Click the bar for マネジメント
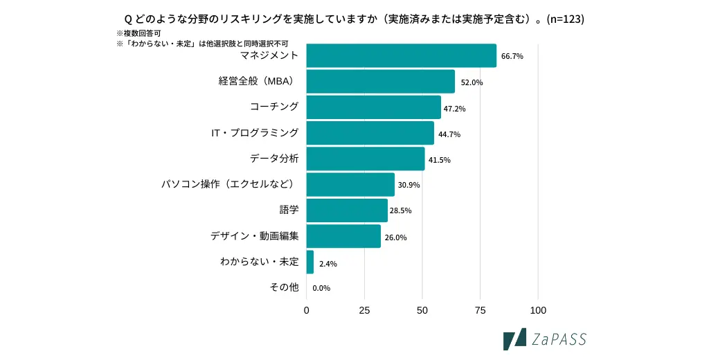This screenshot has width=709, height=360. point(401,55)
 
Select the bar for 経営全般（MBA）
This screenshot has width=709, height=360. point(380,82)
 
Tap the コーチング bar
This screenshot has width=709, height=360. point(373,107)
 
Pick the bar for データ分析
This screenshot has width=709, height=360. point(365,159)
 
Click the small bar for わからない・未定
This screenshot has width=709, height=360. point(309,262)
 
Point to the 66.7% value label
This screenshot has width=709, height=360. point(512,56)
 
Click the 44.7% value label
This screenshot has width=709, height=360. point(449,134)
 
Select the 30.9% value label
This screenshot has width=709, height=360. point(409,185)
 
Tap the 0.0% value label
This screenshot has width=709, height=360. point(321,288)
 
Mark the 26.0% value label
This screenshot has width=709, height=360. point(395,237)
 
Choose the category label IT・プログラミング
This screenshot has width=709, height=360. point(255,132)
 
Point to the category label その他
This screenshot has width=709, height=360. point(284,287)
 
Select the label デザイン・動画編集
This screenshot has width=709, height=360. point(255,235)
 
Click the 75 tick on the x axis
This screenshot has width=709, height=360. point(480,310)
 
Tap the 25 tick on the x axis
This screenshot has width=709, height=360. point(364,310)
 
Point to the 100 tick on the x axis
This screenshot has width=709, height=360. point(538,310)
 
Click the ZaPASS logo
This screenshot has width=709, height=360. point(544,339)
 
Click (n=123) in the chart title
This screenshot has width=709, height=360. point(565,19)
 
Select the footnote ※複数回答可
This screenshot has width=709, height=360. point(138,33)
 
